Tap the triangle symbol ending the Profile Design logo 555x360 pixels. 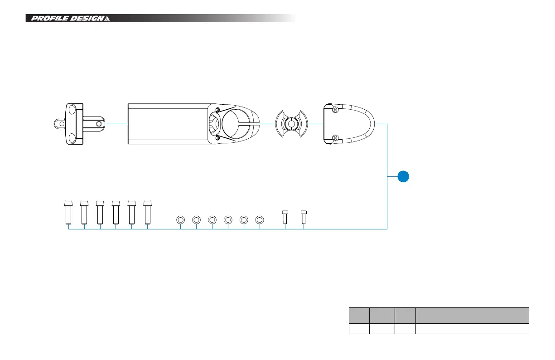(x=107, y=19)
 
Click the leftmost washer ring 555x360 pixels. (x=180, y=220)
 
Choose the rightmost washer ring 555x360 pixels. (x=260, y=220)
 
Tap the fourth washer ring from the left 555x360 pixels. (x=228, y=220)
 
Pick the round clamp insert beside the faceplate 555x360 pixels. (x=291, y=124)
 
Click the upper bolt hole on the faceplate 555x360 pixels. (x=335, y=110)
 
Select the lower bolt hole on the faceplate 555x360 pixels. (x=335, y=138)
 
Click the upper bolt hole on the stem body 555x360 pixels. (x=217, y=110)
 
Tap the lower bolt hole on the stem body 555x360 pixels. (x=217, y=137)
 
